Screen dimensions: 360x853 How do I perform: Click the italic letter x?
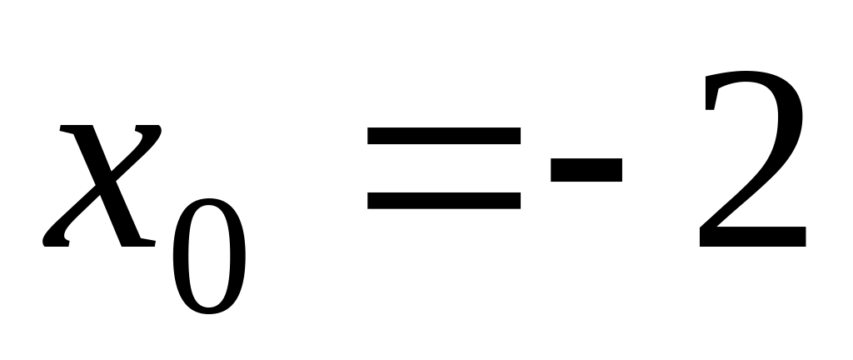point(102,185)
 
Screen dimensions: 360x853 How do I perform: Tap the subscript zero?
point(209,256)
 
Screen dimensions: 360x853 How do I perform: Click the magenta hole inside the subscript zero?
point(209,256)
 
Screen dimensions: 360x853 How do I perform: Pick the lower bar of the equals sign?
point(444,200)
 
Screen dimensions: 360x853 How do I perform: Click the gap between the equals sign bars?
point(444,168)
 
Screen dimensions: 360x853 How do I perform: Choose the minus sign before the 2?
point(586,170)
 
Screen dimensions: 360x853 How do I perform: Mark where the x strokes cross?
point(102,185)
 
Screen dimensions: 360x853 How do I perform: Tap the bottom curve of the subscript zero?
point(209,310)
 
